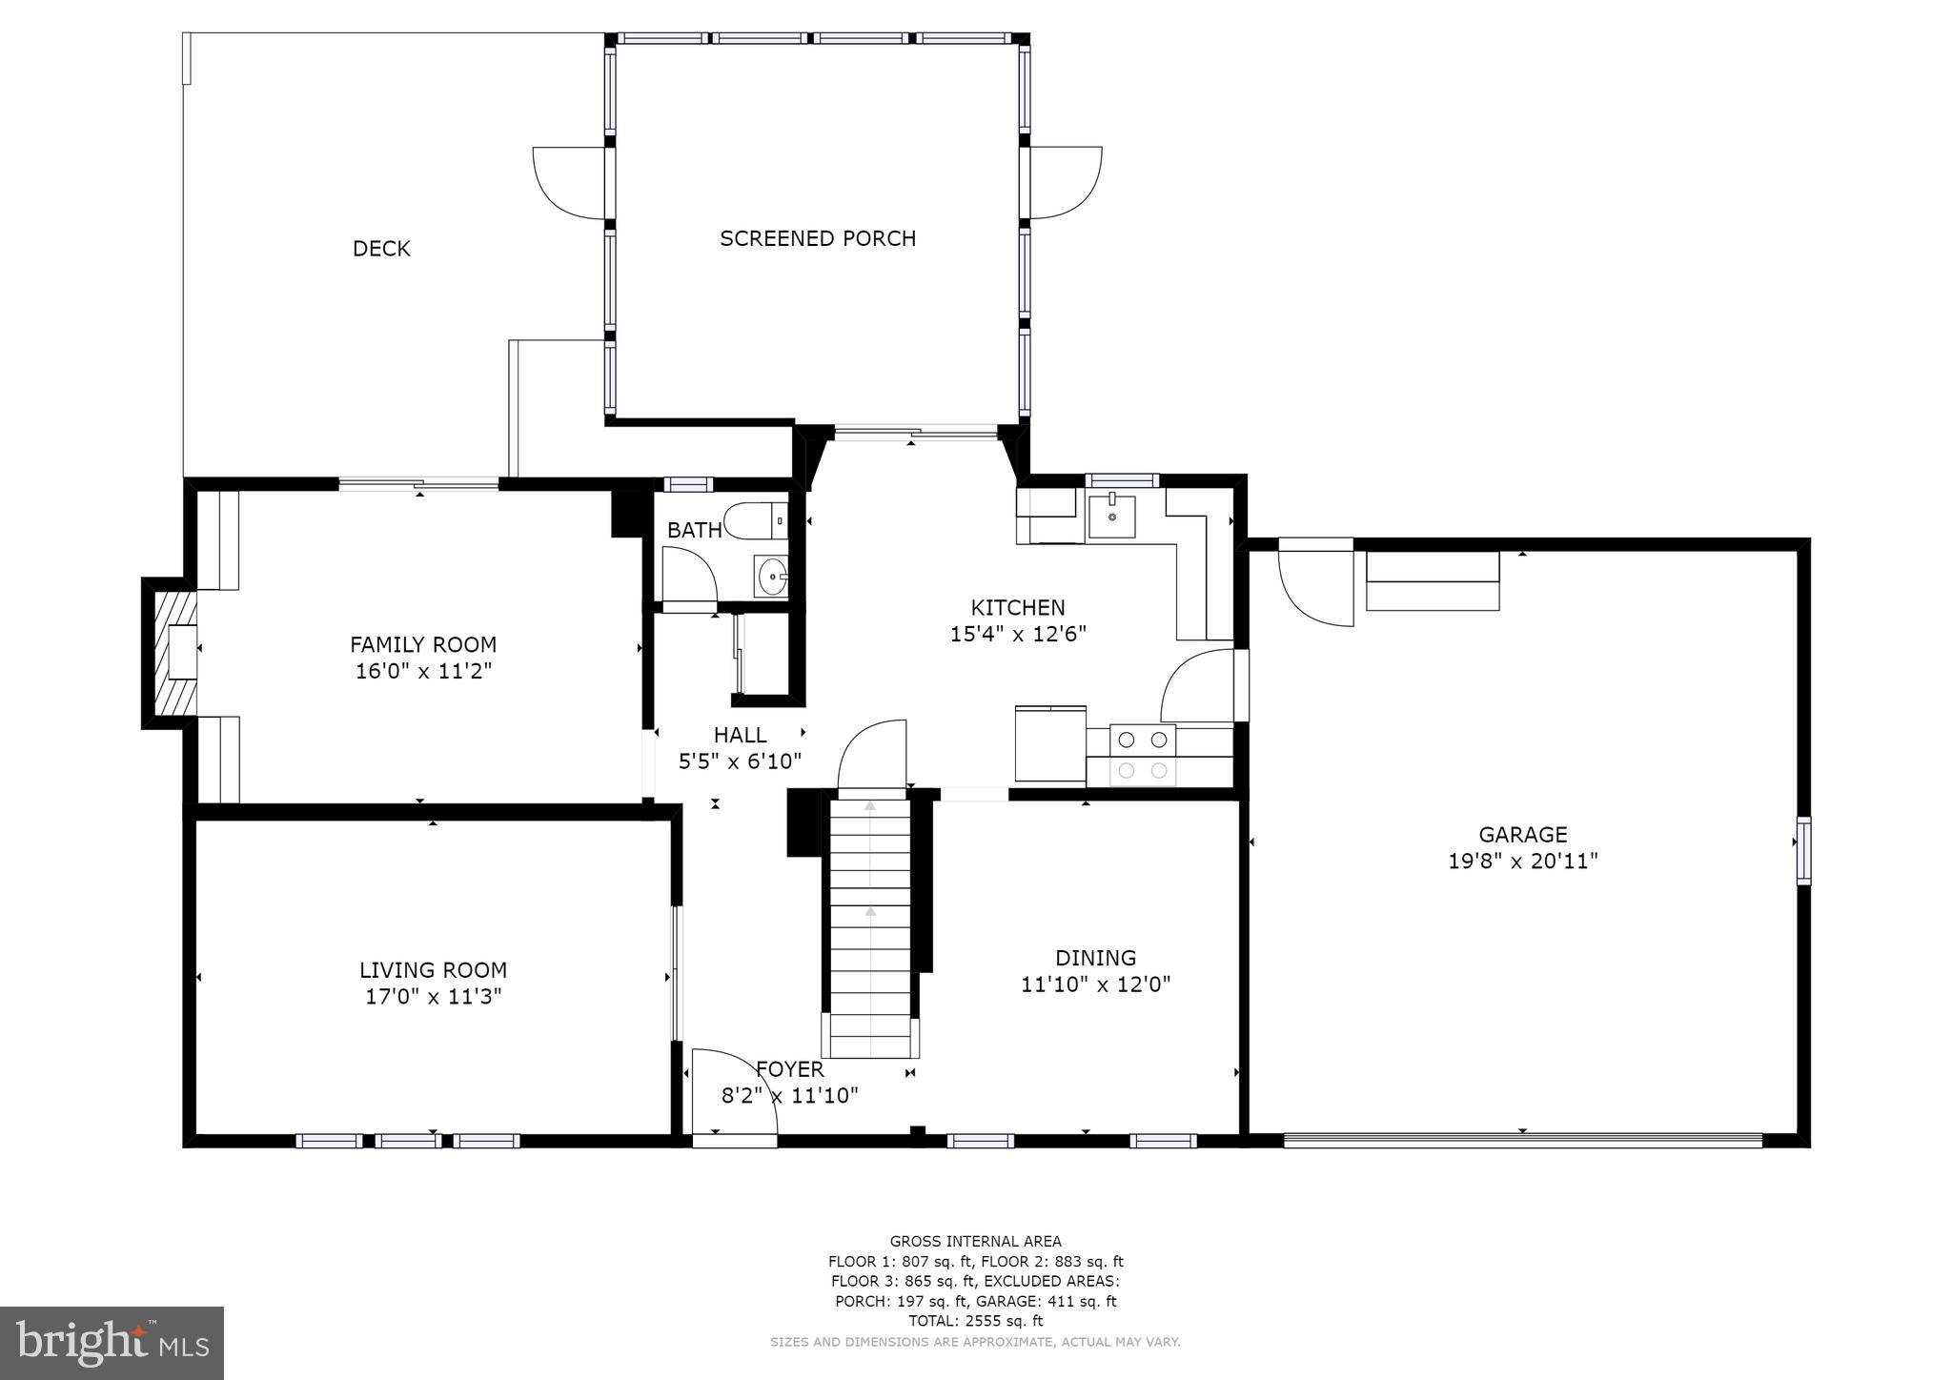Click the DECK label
pyautogui.click(x=381, y=249)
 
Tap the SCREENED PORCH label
pyautogui.click(x=817, y=238)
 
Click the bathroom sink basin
pyautogui.click(x=771, y=576)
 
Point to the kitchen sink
pyautogui.click(x=1111, y=516)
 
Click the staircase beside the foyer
pyautogui.click(x=870, y=924)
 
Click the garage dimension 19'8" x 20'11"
pyautogui.click(x=1522, y=862)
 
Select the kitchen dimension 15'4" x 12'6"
pyautogui.click(x=1018, y=635)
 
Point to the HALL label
pyautogui.click(x=740, y=735)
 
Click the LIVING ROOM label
pyautogui.click(x=433, y=970)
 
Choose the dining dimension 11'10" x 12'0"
pyautogui.click(x=1095, y=984)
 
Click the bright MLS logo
pyautogui.click(x=112, y=1343)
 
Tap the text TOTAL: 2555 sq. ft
pyautogui.click(x=975, y=1321)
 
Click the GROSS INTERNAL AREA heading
pyautogui.click(x=975, y=1241)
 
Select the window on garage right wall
pyautogui.click(x=1802, y=850)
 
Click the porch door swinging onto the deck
pyautogui.click(x=570, y=182)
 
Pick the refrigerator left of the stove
pyautogui.click(x=1050, y=744)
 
